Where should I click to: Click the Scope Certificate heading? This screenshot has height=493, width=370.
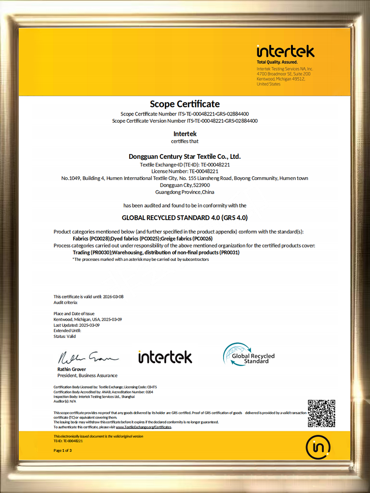coord(185,104)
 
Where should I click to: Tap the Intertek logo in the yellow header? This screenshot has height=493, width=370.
coord(285,51)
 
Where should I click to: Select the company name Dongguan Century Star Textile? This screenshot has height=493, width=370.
coord(185,156)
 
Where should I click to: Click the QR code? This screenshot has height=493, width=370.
coord(321,413)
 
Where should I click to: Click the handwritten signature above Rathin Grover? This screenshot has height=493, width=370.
coord(87,357)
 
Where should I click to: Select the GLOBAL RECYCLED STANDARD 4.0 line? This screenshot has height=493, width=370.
coord(185,217)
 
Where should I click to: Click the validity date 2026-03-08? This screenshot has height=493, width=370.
coord(113,297)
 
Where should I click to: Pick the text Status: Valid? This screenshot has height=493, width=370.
coord(65,337)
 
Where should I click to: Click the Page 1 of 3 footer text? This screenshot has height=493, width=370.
coord(63,451)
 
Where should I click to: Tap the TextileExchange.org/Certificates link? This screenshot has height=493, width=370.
coord(143,427)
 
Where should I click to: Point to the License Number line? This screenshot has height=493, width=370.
coord(185,171)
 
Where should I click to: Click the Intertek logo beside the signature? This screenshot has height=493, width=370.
coord(165,357)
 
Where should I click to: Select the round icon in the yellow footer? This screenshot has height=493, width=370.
coord(318,447)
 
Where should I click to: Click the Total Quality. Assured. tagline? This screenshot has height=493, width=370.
coord(277,62)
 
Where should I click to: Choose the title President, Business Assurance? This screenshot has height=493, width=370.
coord(87,376)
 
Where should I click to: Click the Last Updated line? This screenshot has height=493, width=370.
coord(77,325)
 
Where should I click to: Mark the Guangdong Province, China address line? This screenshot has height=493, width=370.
coord(185,192)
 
